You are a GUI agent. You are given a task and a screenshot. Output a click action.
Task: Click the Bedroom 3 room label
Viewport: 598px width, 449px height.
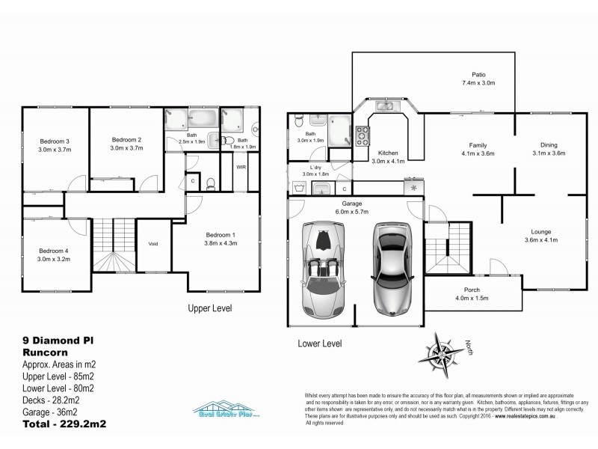[55, 141]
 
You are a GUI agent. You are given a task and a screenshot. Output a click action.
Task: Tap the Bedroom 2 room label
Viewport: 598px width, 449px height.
[126, 139]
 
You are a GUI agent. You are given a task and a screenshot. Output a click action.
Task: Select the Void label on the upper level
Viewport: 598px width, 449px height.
[153, 244]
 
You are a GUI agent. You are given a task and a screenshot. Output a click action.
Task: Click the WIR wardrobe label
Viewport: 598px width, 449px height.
[241, 168]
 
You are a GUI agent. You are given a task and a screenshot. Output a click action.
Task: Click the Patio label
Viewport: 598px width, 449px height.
[478, 75]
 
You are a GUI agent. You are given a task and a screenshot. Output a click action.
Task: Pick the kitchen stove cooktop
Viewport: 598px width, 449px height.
[363, 135]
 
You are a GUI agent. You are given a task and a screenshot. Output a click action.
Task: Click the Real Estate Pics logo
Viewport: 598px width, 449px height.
[224, 411]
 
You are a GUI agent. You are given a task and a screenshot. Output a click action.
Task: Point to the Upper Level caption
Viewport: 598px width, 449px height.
[209, 308]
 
